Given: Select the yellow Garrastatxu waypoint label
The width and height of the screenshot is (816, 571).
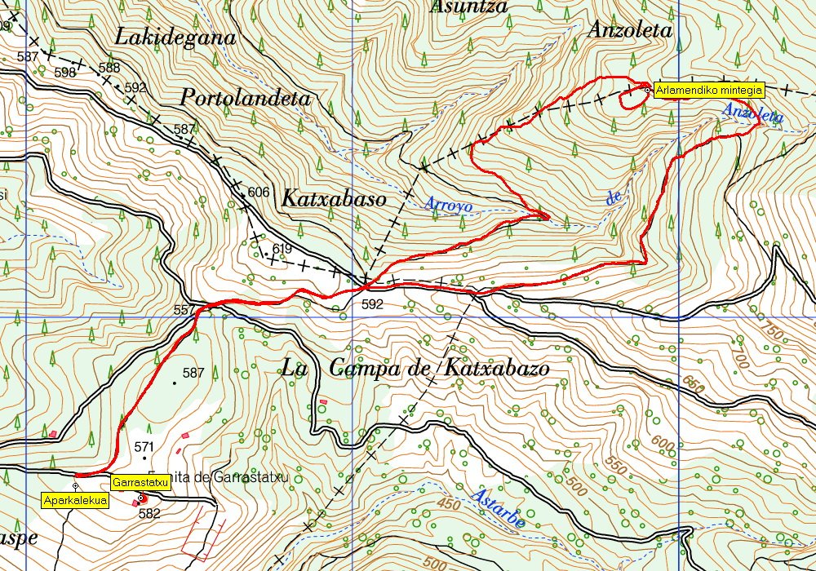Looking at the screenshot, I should [x=140, y=483].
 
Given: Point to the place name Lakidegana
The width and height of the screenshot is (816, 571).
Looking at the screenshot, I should [x=175, y=37].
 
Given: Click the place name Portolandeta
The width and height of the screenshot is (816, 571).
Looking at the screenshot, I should [x=246, y=99].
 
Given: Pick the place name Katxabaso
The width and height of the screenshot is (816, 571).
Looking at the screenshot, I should [x=333, y=198].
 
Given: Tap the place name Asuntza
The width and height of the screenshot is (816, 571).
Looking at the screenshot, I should [x=468, y=7].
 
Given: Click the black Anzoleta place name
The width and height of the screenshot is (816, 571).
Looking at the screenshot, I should [x=629, y=31].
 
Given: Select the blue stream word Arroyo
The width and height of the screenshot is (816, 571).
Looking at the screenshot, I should [x=448, y=206].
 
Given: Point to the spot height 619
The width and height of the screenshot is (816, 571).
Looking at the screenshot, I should [x=282, y=249].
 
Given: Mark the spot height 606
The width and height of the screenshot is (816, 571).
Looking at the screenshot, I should [x=258, y=192].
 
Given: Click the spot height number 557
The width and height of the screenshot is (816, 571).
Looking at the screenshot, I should [x=185, y=310].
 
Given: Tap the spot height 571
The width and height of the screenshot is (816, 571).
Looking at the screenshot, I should [x=144, y=447].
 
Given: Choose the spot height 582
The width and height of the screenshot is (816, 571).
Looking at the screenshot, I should [x=149, y=514].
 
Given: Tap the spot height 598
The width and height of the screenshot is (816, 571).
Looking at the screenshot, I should [x=64, y=73].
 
